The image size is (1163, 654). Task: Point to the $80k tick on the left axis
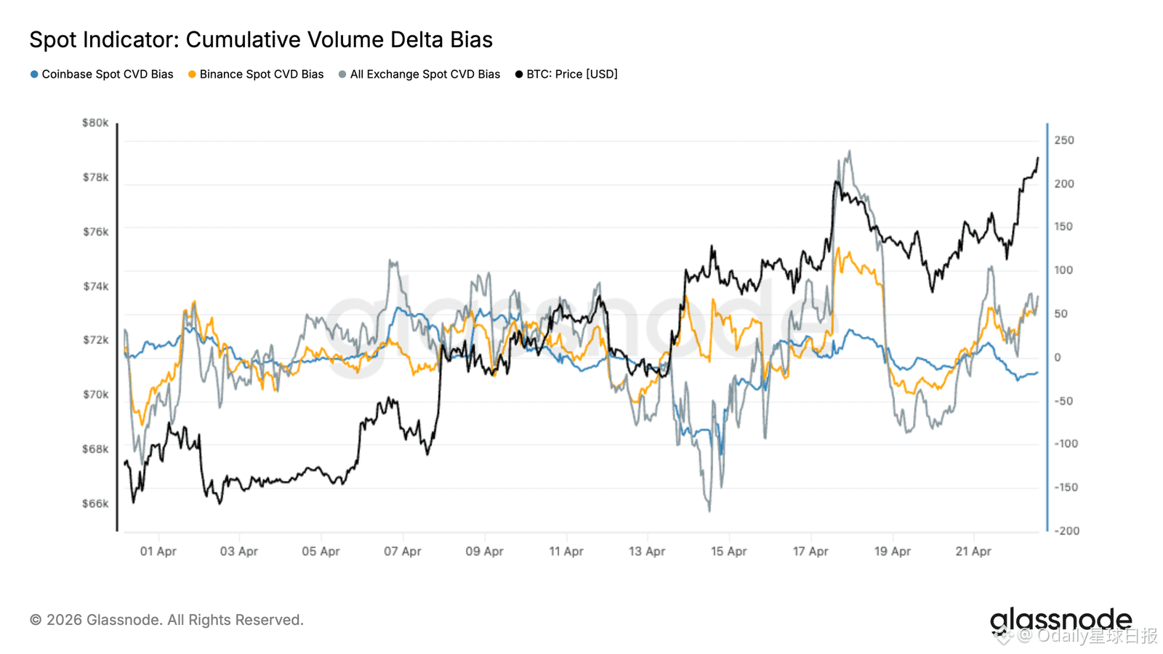click(x=95, y=123)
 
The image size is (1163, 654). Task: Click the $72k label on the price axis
click(x=95, y=340)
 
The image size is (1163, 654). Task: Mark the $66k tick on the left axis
click(x=95, y=504)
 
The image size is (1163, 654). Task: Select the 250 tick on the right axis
click(x=1064, y=140)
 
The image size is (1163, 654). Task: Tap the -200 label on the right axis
click(x=1067, y=531)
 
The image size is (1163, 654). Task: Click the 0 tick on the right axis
click(x=1058, y=358)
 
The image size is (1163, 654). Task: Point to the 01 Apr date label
click(x=158, y=552)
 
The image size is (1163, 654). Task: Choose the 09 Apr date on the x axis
click(x=484, y=552)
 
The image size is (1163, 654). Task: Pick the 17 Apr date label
click(x=810, y=552)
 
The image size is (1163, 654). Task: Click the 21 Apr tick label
click(x=973, y=552)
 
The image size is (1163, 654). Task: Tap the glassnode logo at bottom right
click(x=1061, y=620)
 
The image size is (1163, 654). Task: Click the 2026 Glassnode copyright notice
click(x=166, y=620)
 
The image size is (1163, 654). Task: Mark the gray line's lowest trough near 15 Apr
click(x=709, y=511)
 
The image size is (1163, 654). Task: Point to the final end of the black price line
click(x=1038, y=158)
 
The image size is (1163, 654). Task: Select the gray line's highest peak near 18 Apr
click(x=850, y=151)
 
